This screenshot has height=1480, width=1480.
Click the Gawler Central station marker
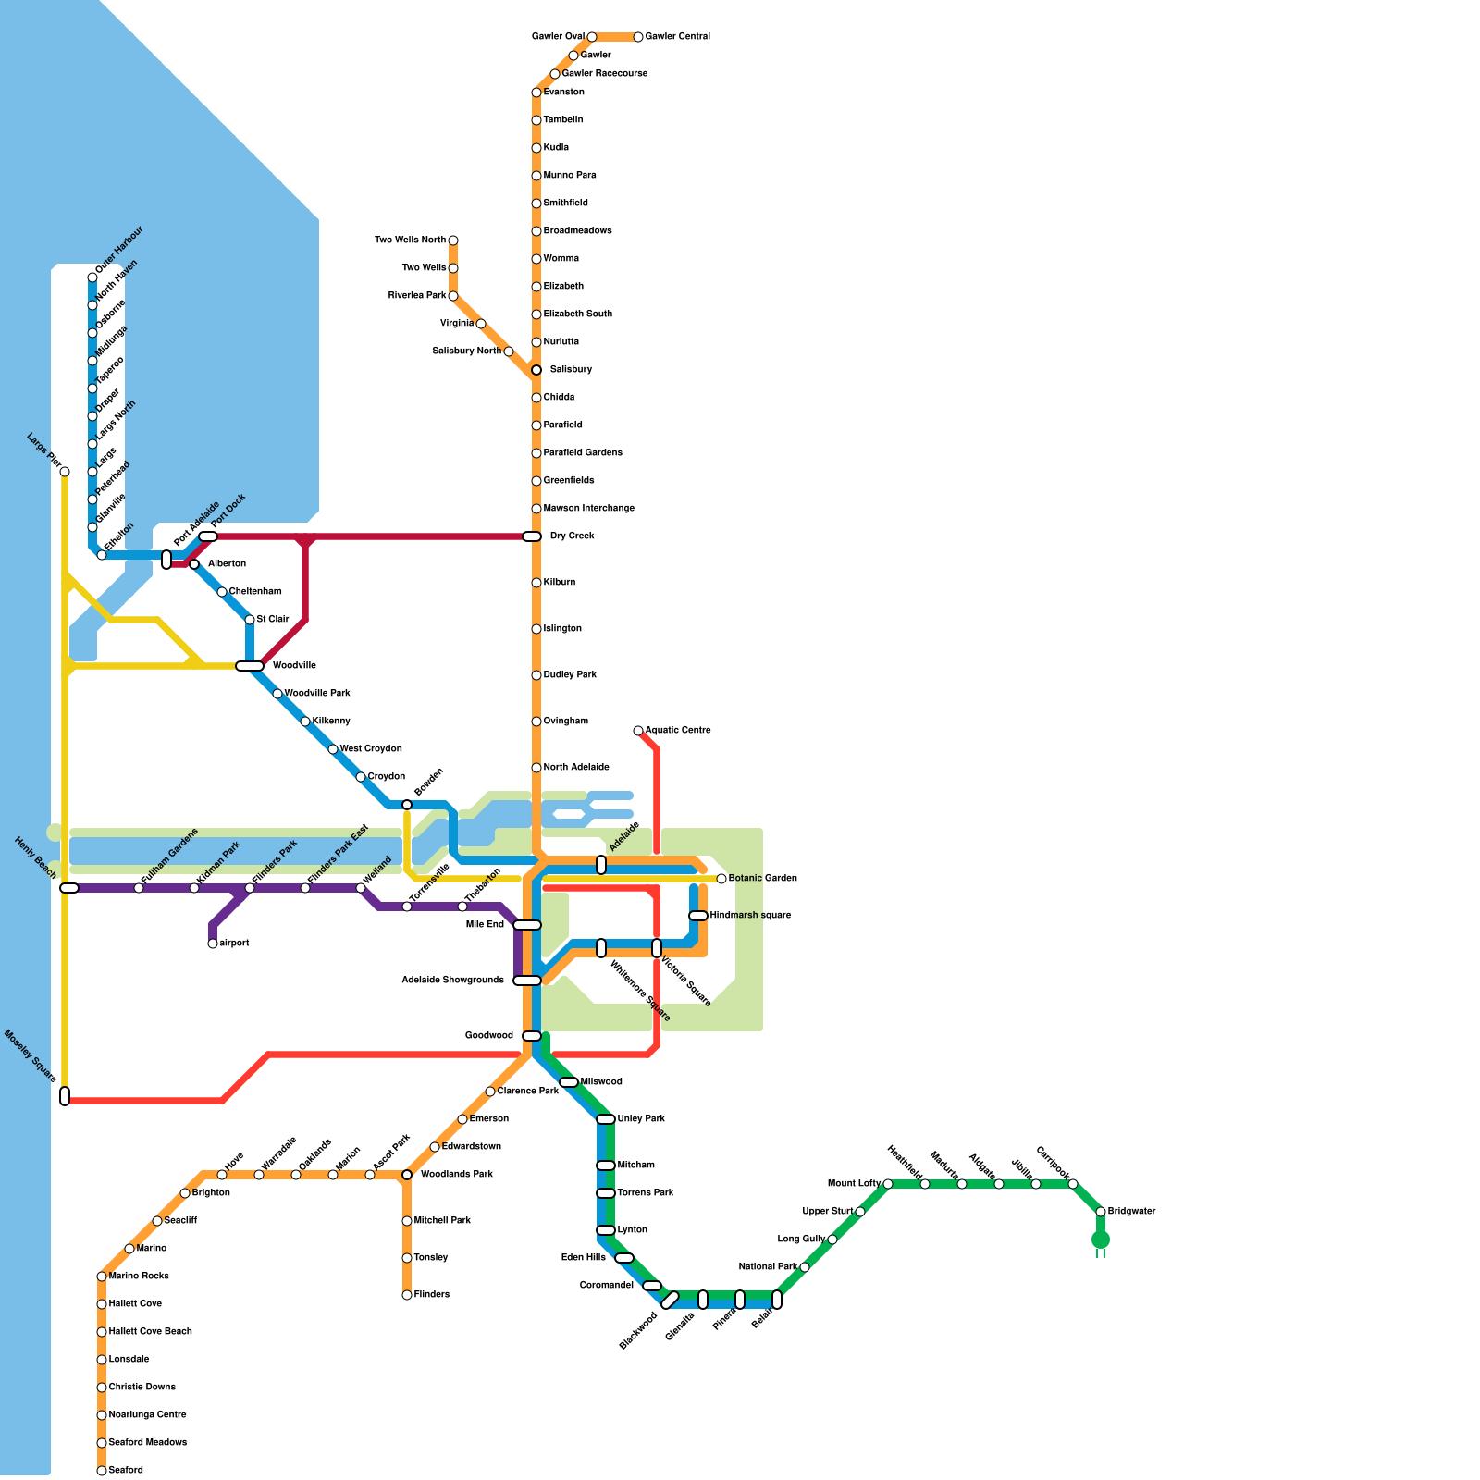click(x=638, y=37)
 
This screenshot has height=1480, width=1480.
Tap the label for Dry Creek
click(x=572, y=536)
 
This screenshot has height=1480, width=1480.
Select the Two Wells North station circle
click(x=453, y=240)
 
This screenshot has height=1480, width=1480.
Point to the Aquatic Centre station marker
click(x=638, y=731)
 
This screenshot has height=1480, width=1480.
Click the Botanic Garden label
click(x=762, y=879)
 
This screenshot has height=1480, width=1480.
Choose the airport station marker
click(x=213, y=943)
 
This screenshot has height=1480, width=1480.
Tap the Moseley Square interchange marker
click(x=65, y=1096)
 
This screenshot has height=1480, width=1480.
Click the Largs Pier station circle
click(x=65, y=472)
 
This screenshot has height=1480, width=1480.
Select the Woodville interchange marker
click(x=250, y=666)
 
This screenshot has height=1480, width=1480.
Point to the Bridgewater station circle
click(x=1101, y=1212)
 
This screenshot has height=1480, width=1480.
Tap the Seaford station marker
click(x=102, y=1471)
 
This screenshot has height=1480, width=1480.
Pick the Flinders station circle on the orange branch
click(x=407, y=1295)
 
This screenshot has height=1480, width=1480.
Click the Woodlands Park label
click(x=456, y=1175)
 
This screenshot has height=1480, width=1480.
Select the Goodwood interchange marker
click(x=532, y=1036)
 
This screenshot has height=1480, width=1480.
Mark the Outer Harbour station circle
click(x=92, y=277)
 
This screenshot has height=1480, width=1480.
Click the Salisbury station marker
click(x=536, y=370)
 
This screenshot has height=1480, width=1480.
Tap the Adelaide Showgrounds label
click(x=453, y=980)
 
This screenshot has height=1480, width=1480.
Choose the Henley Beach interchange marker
click(x=69, y=888)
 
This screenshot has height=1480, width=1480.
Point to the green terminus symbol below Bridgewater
click(x=1101, y=1241)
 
